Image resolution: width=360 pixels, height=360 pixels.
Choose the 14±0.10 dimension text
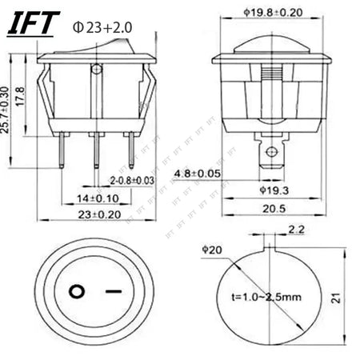coord(97,198)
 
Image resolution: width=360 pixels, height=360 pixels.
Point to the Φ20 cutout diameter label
coord(212,250)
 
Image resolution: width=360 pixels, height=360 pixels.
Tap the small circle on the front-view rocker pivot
coord(97,70)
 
